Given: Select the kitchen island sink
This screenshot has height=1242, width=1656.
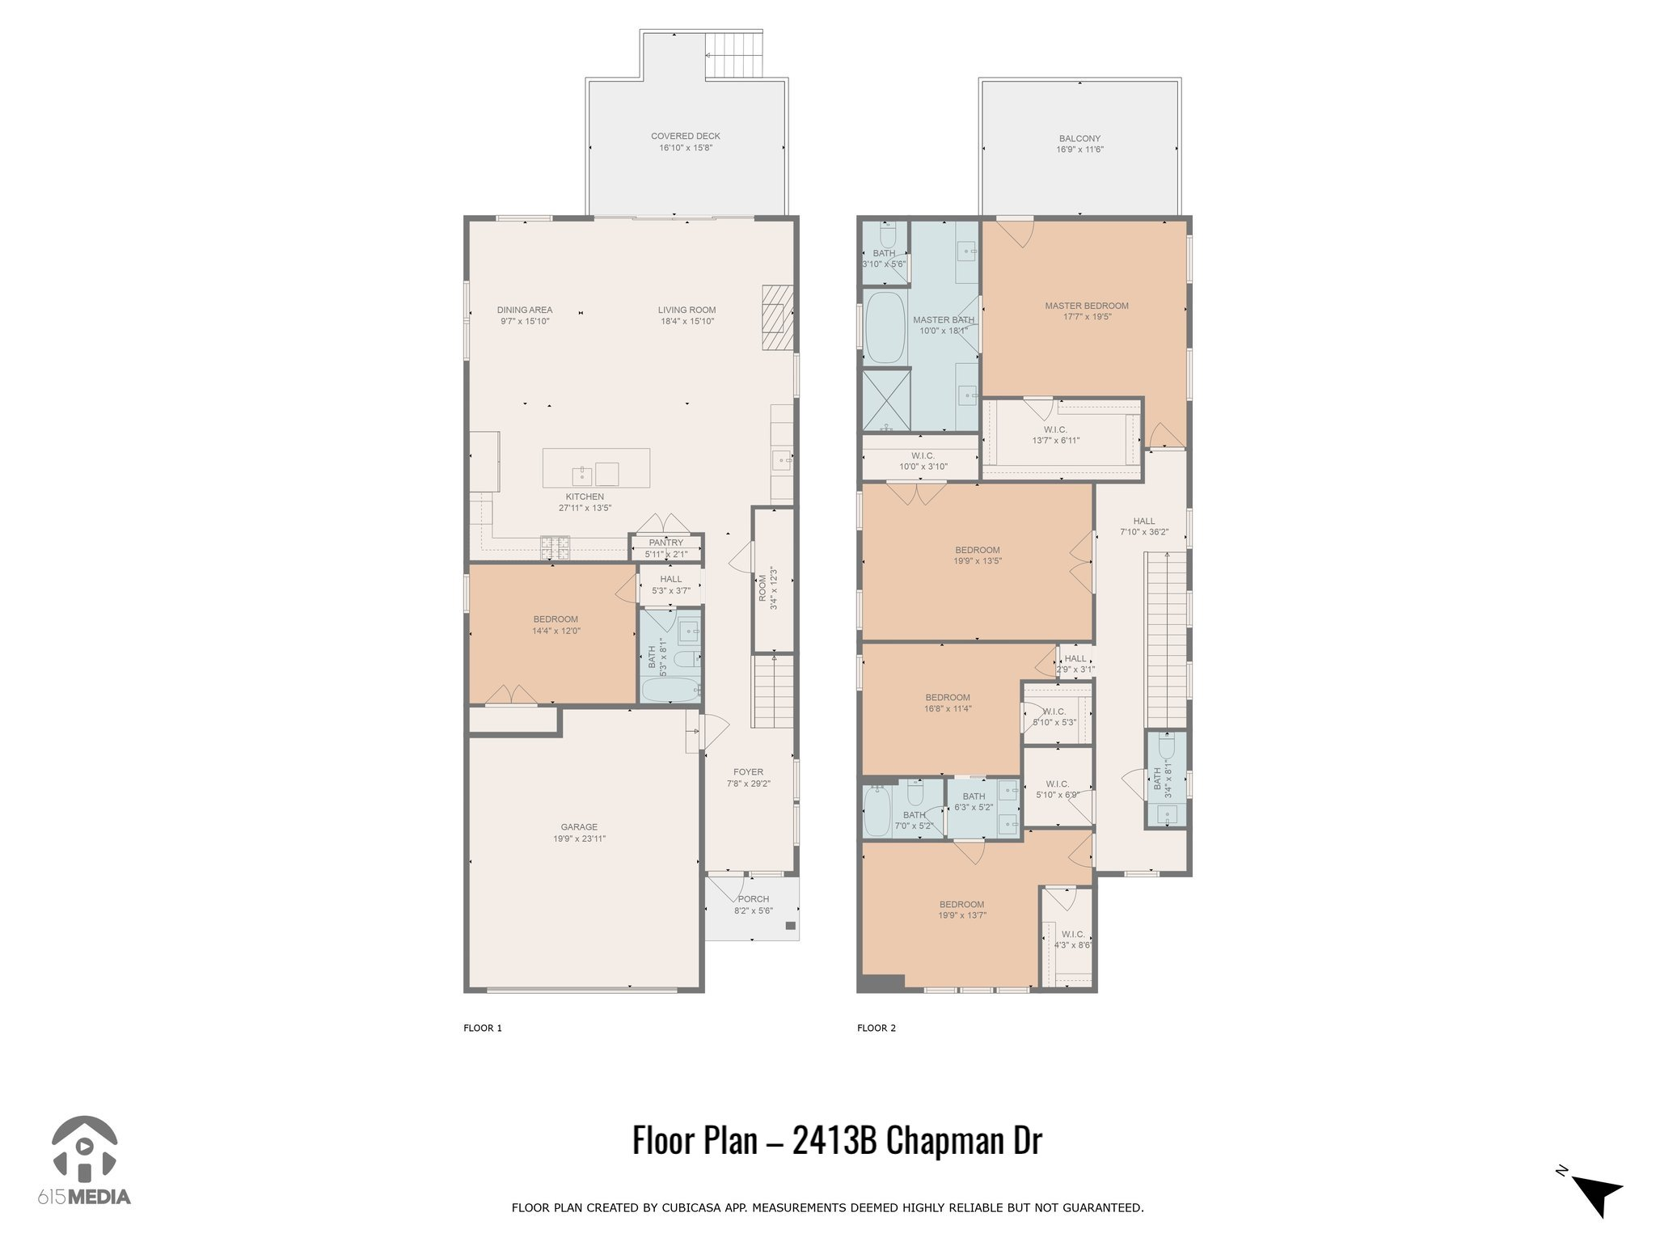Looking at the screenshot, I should (581, 474).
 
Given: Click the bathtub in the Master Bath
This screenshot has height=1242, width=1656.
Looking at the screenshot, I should (885, 327).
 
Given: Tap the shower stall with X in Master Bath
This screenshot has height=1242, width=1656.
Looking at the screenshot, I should (886, 400).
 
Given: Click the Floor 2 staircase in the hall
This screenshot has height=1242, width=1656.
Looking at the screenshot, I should (1165, 639).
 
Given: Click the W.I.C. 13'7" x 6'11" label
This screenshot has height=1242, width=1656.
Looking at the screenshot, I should (1055, 435).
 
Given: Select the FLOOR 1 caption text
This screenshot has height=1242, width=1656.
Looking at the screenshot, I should (483, 1029).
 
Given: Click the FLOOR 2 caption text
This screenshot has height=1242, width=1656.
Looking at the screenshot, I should (877, 1029).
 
